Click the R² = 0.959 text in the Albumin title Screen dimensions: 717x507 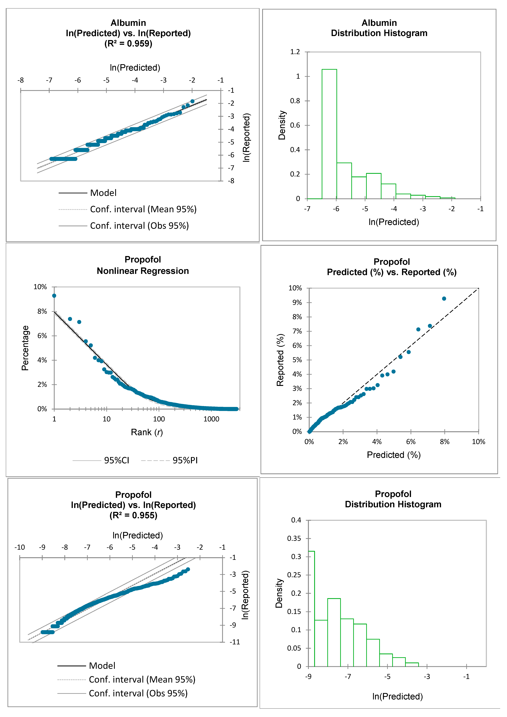[128, 43]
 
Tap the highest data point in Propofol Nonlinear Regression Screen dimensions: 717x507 [54, 295]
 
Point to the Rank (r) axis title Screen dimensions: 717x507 [147, 432]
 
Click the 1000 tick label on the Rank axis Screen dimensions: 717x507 [211, 419]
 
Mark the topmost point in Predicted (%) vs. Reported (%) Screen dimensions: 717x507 [444, 299]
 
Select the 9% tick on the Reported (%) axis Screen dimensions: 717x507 [297, 302]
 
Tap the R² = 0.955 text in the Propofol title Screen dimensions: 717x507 [133, 515]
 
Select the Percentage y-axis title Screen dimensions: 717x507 [25, 348]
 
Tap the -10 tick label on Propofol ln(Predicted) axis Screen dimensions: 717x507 [20, 547]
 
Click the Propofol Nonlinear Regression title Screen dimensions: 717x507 [143, 265]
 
